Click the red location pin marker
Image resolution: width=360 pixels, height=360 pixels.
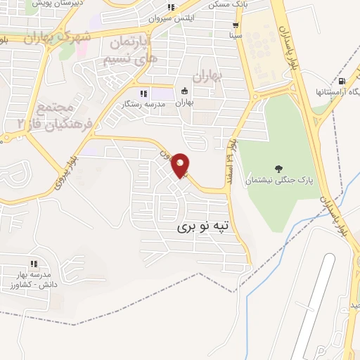point(181,165)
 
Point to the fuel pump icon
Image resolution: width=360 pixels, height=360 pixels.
point(342,81)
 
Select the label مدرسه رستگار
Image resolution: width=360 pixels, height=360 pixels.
point(144,103)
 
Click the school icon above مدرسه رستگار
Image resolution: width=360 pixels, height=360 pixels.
point(143,92)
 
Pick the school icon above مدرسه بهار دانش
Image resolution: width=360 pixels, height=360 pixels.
point(33,264)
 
